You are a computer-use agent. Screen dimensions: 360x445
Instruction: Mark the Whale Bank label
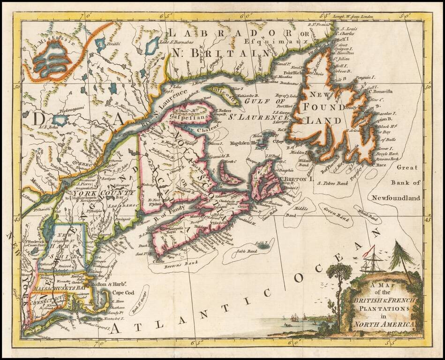[x=368, y=216]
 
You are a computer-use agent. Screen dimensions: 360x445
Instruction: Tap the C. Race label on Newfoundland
[x=380, y=165]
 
